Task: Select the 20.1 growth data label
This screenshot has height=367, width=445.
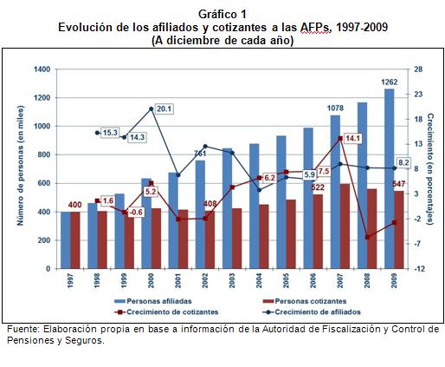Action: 164,109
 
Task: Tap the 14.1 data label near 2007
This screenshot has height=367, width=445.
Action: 352,139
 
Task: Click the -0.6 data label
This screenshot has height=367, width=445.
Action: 135,213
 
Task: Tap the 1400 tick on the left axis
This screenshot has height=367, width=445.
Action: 41,69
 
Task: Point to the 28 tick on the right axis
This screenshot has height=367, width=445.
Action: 416,69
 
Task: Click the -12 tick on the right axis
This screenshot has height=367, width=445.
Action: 417,269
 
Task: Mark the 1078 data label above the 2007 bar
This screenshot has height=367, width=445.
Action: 336,108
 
